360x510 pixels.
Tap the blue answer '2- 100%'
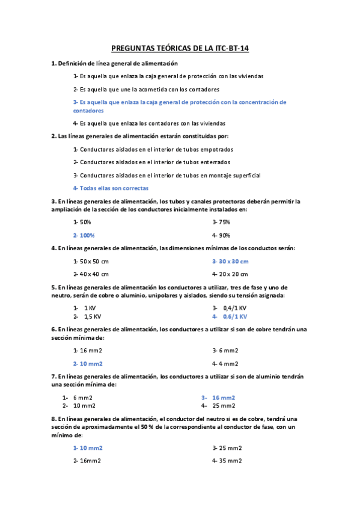(84, 235)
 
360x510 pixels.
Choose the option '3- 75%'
(221, 222)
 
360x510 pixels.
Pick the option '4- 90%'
(221, 235)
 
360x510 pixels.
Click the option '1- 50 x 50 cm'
(91, 261)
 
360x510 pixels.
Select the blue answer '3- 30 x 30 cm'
(230, 261)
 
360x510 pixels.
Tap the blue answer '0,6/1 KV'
(235, 316)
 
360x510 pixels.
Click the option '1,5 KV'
(92, 316)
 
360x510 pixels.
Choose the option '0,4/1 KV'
(235, 307)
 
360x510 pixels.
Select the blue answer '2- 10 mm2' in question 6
(88, 363)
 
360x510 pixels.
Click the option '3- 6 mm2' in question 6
(225, 351)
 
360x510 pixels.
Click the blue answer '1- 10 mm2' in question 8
(88, 448)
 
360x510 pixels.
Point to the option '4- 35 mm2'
(227, 461)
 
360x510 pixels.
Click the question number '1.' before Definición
(54, 63)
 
